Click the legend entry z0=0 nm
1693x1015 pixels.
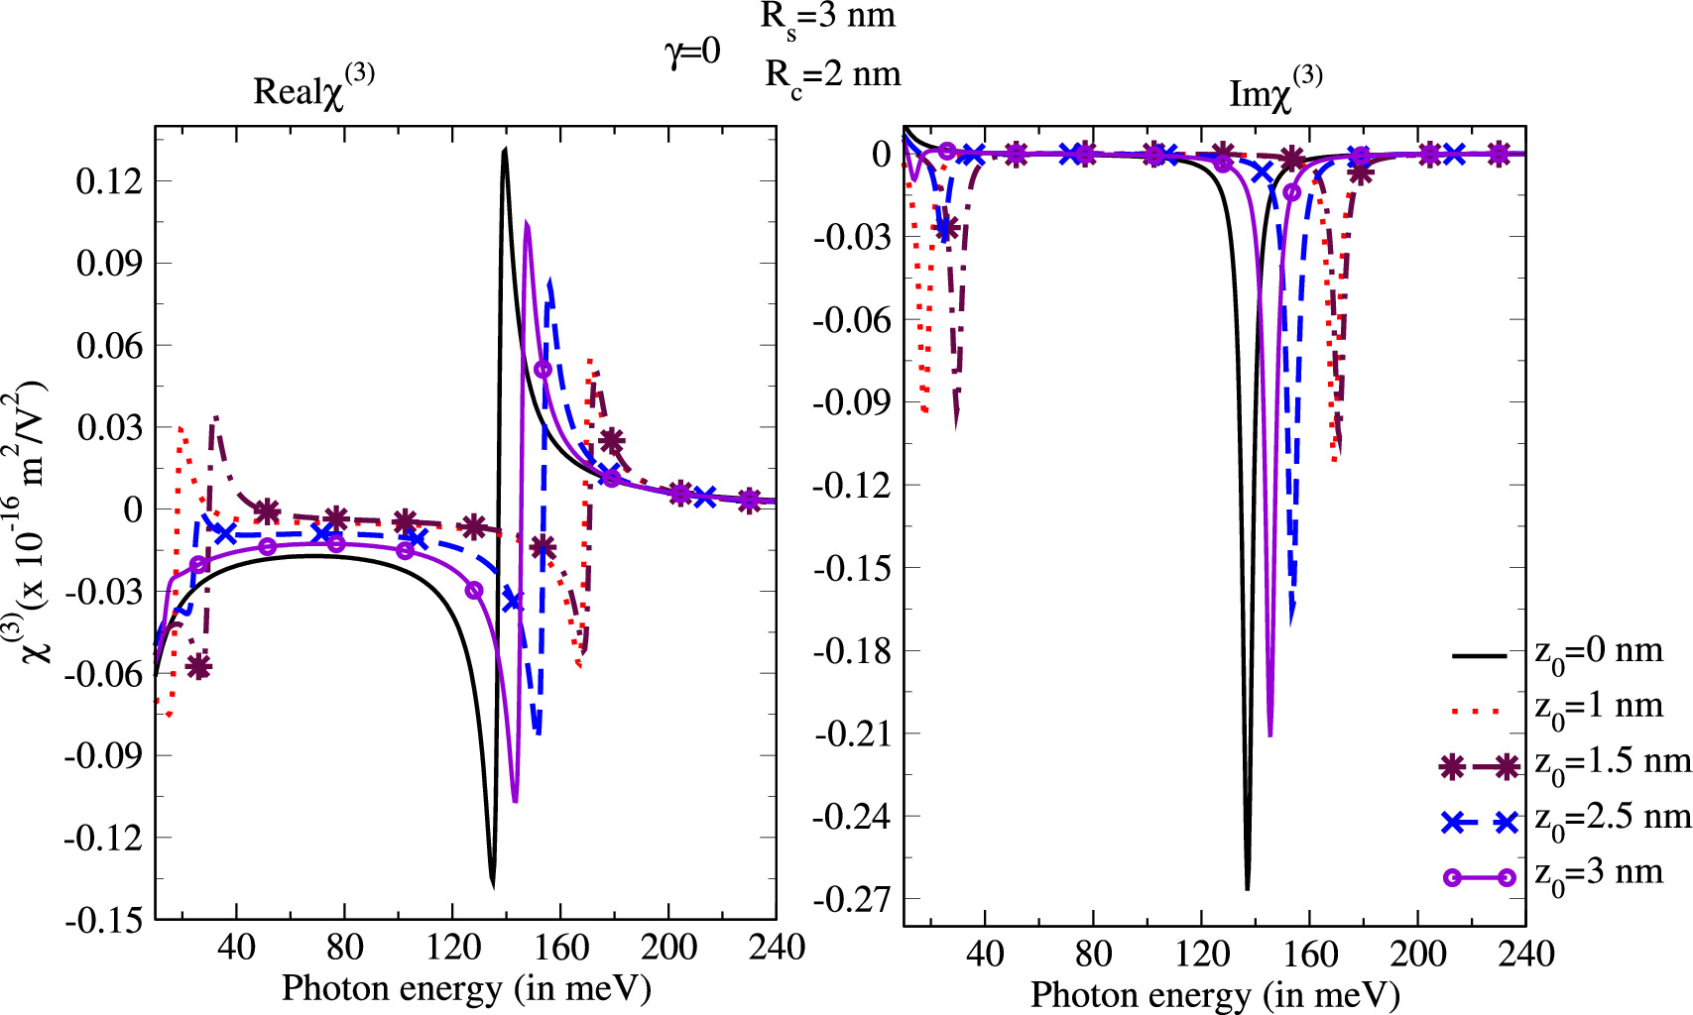tap(1598, 653)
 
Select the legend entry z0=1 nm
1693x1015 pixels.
tap(1598, 708)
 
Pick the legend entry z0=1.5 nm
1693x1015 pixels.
tap(1612, 763)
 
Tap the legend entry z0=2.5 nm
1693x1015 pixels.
tap(1612, 819)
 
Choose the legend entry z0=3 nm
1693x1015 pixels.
tap(1598, 874)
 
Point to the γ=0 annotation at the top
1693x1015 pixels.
tap(692, 51)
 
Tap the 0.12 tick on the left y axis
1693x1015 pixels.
tap(109, 181)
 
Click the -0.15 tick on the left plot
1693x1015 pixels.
tap(103, 920)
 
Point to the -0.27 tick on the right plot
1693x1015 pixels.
tap(851, 900)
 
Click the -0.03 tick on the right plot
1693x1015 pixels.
tap(851, 237)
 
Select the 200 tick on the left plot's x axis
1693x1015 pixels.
tap(668, 948)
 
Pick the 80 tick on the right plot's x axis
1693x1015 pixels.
tap(1093, 955)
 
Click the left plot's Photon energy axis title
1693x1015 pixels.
tap(466, 988)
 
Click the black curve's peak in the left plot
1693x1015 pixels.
tap(505, 150)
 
